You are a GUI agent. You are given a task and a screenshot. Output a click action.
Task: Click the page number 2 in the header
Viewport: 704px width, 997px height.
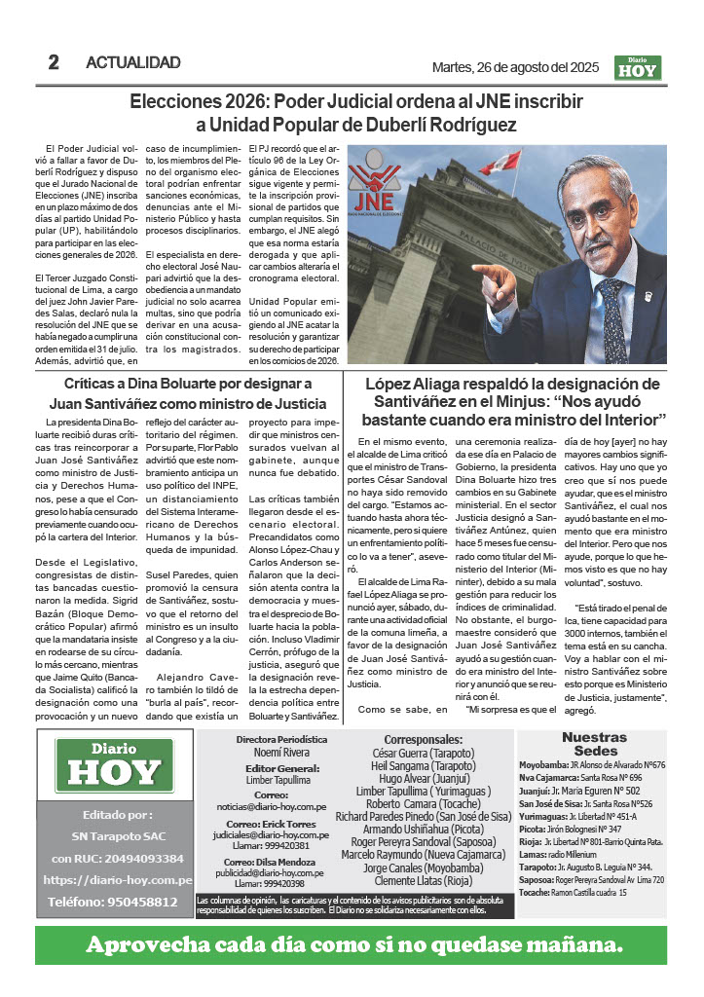[x=54, y=62]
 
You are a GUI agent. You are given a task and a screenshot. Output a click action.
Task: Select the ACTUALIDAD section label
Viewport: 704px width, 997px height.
[x=132, y=63]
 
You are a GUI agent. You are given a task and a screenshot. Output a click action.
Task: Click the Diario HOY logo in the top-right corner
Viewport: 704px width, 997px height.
[x=638, y=66]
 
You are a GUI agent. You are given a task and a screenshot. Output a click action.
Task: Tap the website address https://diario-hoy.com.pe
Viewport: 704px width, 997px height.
[x=117, y=879]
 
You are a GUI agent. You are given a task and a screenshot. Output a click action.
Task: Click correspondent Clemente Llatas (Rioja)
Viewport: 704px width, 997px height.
[x=427, y=881]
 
